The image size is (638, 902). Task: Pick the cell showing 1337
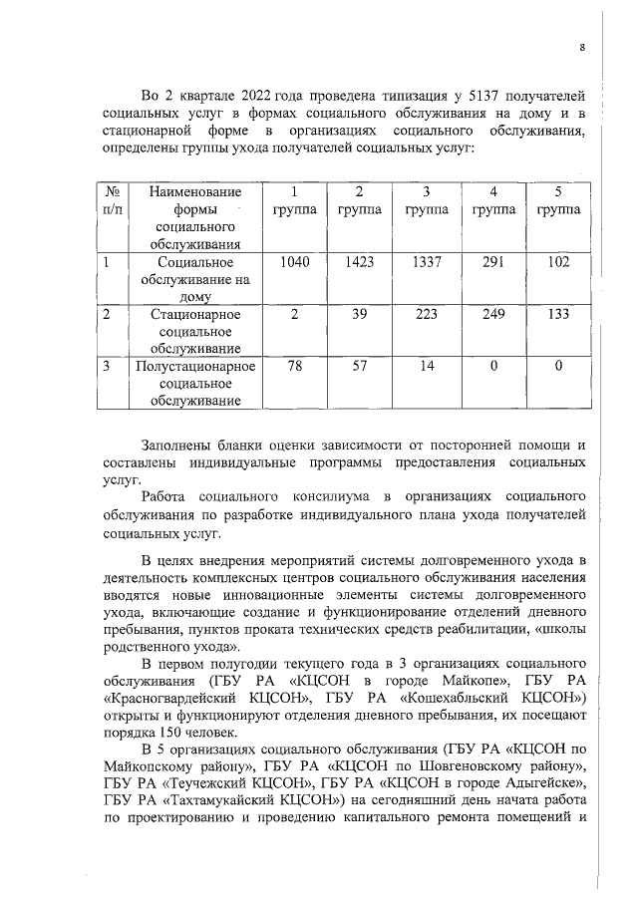(x=426, y=262)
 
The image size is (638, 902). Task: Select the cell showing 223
(x=426, y=314)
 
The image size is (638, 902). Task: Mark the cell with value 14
(x=426, y=366)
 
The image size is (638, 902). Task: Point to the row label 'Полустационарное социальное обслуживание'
(x=194, y=384)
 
